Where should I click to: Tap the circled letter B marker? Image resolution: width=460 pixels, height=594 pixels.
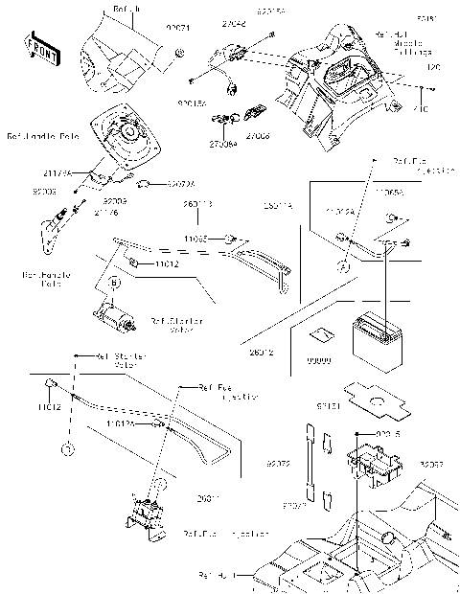pyautogui.click(x=113, y=284)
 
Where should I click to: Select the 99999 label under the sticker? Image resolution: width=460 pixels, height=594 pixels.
pyautogui.click(x=315, y=358)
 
